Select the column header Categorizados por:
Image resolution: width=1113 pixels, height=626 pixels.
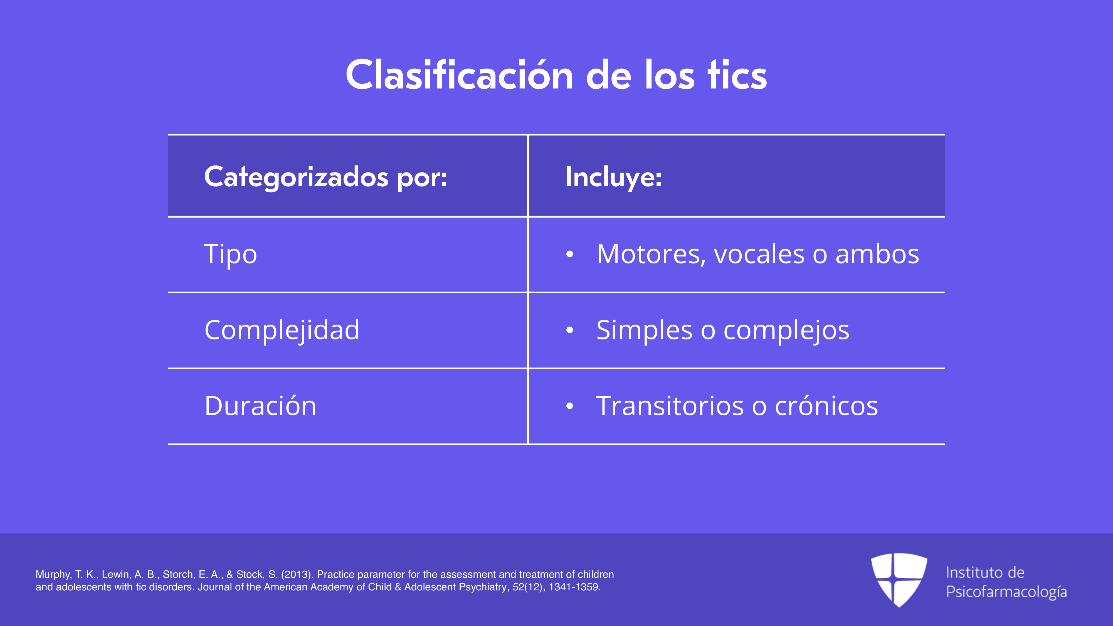coord(325,178)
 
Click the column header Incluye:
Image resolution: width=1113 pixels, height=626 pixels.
coord(614,178)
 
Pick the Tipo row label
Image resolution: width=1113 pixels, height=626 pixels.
coord(231,255)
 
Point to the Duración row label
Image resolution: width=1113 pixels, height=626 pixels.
coord(260,406)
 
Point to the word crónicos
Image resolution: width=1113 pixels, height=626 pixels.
coord(826,406)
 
